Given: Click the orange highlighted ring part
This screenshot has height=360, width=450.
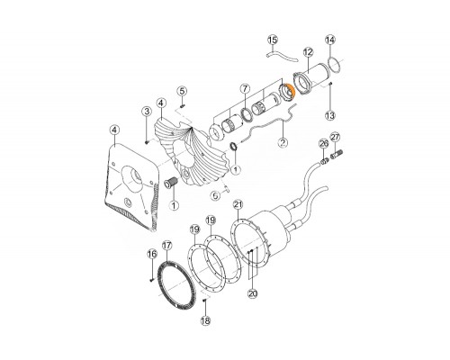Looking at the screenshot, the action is tap(292, 92).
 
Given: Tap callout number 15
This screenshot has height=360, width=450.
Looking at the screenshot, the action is tap(273, 40).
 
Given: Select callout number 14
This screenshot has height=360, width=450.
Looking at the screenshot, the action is tap(330, 40).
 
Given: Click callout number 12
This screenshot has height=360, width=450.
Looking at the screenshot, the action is tap(308, 52).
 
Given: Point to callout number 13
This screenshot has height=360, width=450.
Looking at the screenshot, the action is tap(330, 115).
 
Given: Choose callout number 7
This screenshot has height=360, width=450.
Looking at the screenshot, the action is tap(245, 89).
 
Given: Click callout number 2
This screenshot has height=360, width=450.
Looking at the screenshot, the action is tap(283, 142).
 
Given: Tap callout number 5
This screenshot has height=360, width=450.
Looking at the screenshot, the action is tap(182, 91).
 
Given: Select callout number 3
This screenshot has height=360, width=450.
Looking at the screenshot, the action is tap(147, 112).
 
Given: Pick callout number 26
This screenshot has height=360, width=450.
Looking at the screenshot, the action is tap(324, 144).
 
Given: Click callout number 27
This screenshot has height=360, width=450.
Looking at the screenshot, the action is tap(335, 138).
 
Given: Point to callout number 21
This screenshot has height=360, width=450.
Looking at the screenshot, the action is tap(238, 205).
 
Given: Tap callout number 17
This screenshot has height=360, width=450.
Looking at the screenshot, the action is tap(166, 246).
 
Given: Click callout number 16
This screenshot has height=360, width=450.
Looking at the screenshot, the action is tap(152, 255).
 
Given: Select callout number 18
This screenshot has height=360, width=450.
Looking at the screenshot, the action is tap(205, 321).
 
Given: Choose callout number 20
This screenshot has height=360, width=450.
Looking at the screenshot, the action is tap(253, 293).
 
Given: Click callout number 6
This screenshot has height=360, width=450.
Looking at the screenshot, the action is tap(215, 196).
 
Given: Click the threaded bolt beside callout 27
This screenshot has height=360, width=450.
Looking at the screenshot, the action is tap(337, 156).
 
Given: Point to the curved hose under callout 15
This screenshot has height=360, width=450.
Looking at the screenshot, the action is tap(283, 57).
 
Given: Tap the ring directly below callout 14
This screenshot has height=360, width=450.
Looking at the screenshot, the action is tap(335, 65).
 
